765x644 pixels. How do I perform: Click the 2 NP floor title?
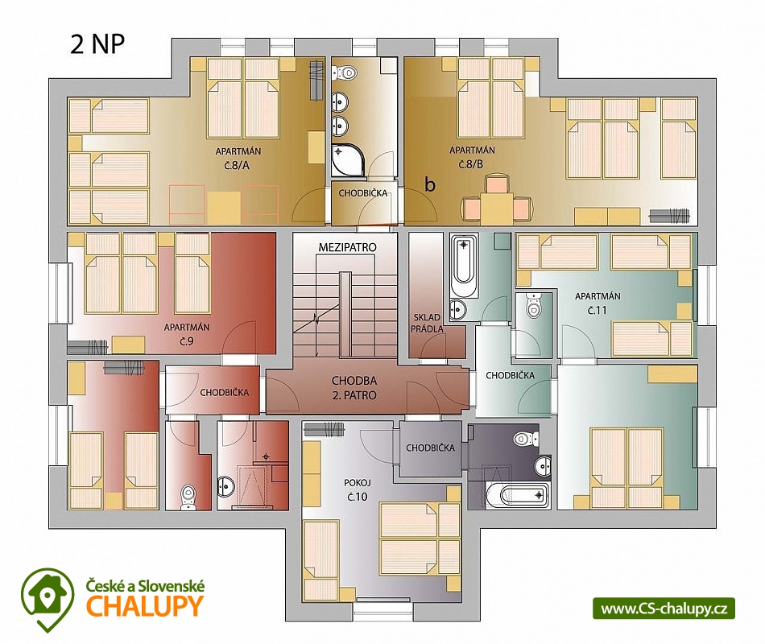(97, 44)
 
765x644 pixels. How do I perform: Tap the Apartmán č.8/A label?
(238, 158)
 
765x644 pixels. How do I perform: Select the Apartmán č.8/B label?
(472, 157)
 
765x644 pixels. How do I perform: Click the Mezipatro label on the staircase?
(347, 247)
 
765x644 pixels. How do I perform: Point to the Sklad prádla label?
(427, 324)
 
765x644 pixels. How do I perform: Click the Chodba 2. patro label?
(354, 388)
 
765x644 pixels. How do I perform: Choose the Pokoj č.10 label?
(357, 489)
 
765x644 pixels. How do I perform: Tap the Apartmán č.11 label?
(598, 303)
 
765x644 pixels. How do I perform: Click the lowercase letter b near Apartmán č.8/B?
(430, 184)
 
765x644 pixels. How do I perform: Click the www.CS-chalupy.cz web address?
(664, 609)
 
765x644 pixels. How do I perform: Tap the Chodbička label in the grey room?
(430, 448)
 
